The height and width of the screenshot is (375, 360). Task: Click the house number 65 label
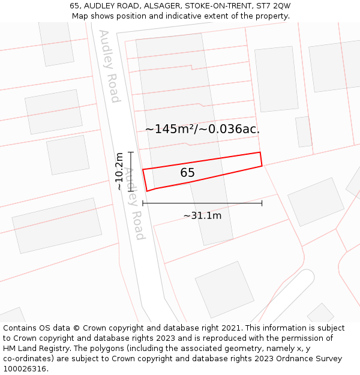[187, 173]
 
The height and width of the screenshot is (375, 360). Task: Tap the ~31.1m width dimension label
[202, 215]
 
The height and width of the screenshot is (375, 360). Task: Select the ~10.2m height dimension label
[119, 172]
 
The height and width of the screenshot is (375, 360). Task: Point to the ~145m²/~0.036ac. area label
[202, 128]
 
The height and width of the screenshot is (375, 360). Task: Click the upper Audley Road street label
[110, 66]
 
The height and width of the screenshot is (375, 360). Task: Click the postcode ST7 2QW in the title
[274, 6]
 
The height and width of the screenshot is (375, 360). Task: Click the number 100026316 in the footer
[25, 369]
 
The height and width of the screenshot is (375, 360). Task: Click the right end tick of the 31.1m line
[262, 203]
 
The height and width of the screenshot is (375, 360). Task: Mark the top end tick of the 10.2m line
[130, 152]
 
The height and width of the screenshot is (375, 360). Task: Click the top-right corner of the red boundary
[260, 152]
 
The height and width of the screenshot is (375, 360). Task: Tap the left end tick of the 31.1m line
[143, 203]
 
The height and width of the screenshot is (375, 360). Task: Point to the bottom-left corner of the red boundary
[147, 191]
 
